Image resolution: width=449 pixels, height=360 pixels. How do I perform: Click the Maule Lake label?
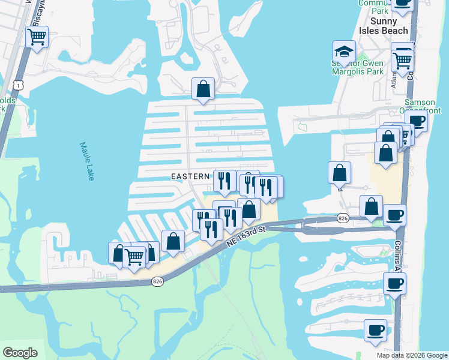click(88, 155)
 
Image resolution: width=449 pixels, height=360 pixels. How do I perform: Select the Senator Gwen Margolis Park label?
click(358, 67)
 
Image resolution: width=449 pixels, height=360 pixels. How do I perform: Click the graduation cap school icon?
click(345, 51)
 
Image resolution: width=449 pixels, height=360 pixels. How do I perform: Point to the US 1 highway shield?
click(19, 86)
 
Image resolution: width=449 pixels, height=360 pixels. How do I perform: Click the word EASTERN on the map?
click(190, 176)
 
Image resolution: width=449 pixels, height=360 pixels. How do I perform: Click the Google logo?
click(20, 353)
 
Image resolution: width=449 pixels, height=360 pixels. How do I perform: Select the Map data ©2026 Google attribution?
click(411, 355)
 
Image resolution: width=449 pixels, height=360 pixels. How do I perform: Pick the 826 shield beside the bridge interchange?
click(343, 218)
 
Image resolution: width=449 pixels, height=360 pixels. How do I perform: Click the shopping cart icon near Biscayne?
click(37, 38)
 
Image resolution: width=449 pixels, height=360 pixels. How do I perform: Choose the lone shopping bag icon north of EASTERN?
click(203, 89)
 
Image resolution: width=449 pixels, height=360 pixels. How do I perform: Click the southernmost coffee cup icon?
click(376, 330)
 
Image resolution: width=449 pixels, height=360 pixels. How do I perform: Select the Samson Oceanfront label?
click(420, 107)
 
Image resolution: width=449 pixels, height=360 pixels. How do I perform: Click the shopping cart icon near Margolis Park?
click(402, 59)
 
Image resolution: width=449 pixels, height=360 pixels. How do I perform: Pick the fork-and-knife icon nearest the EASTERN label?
click(224, 181)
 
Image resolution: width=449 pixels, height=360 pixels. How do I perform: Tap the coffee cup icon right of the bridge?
click(395, 214)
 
